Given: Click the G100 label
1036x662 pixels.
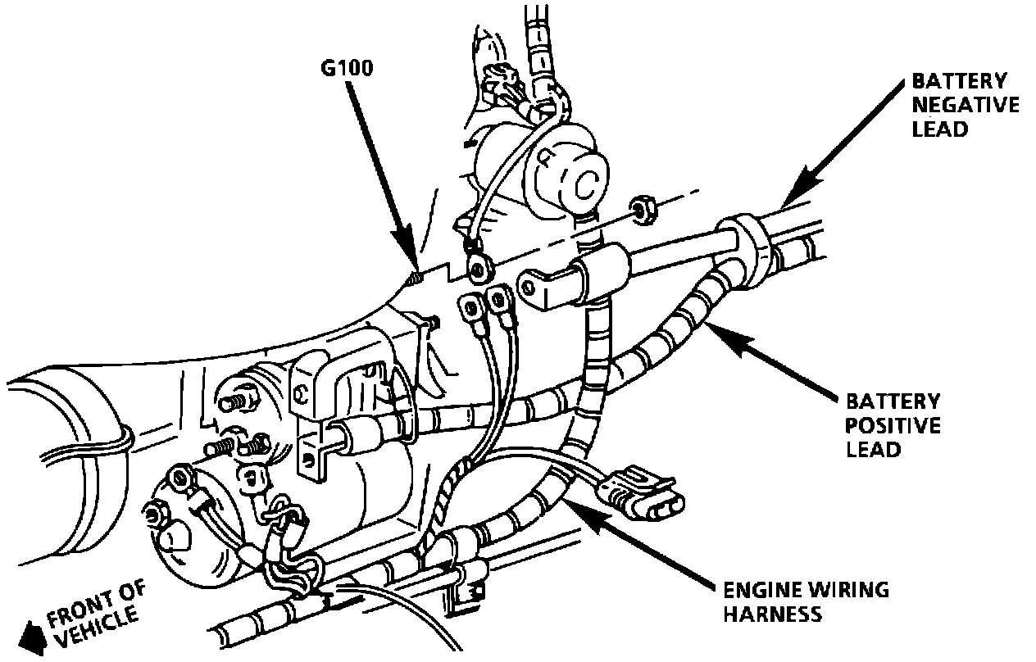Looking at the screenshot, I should pyautogui.click(x=347, y=69).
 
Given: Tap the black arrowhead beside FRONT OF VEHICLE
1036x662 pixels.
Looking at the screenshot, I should pyautogui.click(x=32, y=633).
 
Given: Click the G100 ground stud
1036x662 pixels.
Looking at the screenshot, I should pyautogui.click(x=415, y=279).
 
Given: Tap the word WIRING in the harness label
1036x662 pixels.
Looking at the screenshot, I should pyautogui.click(x=848, y=590).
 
